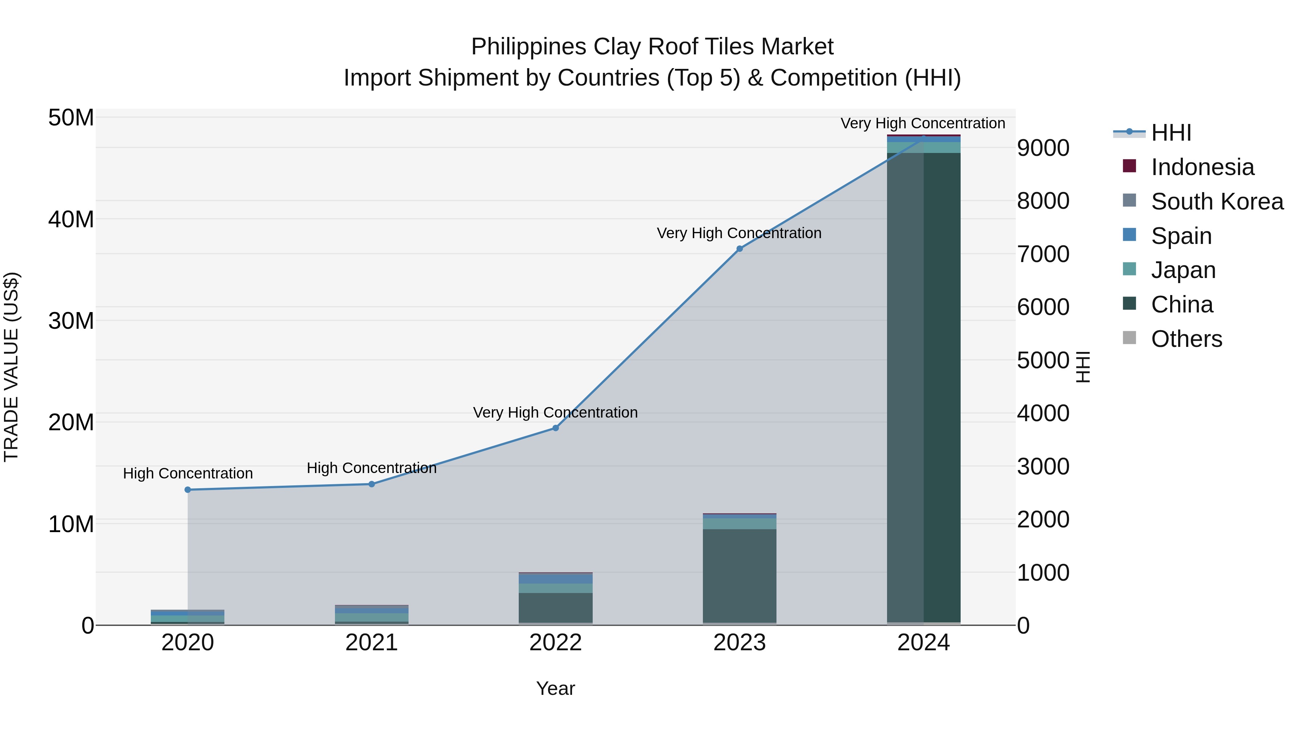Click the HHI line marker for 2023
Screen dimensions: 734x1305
(x=739, y=249)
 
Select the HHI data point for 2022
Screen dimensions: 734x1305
(x=555, y=428)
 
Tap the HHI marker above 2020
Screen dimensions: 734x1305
(x=187, y=490)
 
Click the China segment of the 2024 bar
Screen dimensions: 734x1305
(x=924, y=385)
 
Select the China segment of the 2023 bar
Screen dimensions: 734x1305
(x=739, y=575)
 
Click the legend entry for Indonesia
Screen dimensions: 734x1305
(x=1202, y=167)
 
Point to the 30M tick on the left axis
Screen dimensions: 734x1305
(x=71, y=321)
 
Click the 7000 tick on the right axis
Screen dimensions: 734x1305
(x=1043, y=254)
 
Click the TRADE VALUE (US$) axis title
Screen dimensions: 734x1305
(x=11, y=367)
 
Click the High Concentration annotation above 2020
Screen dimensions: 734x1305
(x=187, y=474)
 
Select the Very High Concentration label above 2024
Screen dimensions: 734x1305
(x=923, y=124)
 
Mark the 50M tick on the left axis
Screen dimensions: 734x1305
(x=71, y=118)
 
